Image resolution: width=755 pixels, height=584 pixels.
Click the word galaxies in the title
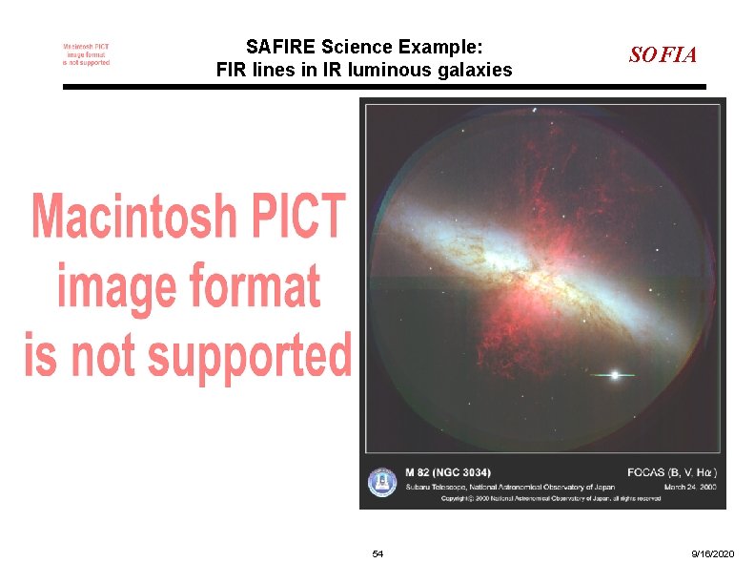pos(474,70)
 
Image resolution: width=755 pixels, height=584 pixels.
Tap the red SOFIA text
pos(663,55)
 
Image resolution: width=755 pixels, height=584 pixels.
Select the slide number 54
pos(377,554)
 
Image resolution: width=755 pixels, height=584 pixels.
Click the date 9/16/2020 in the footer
pos(713,554)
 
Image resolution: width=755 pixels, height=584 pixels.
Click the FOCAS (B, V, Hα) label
pos(672,472)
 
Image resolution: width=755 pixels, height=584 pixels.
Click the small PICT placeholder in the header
pos(86,54)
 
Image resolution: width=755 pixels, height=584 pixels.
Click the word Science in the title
pos(357,47)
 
